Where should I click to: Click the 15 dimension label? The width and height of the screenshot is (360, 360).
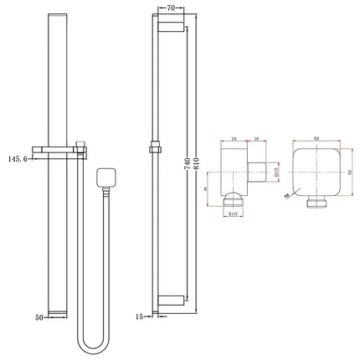[141, 316]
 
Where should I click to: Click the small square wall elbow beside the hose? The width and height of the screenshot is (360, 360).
[105, 177]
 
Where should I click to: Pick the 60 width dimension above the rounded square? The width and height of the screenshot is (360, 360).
[316, 139]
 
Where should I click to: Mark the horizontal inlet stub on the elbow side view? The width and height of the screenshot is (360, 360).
[260, 171]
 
